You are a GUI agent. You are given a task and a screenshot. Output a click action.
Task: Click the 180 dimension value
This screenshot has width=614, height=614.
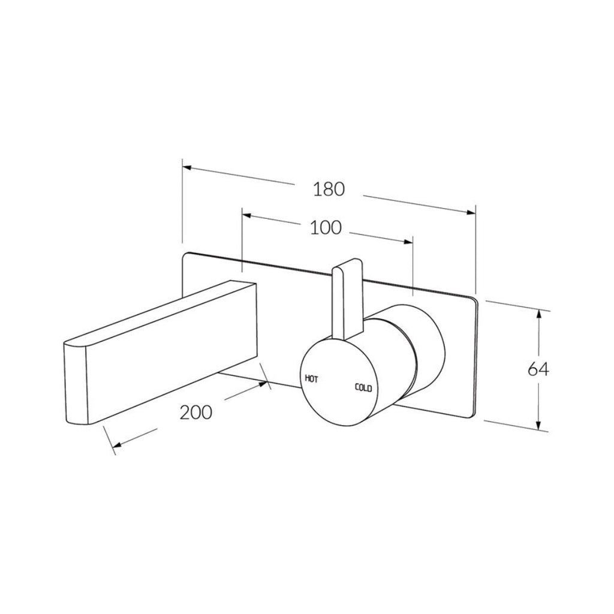click(329, 189)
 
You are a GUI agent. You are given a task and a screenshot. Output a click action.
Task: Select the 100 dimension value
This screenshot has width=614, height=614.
click(326, 228)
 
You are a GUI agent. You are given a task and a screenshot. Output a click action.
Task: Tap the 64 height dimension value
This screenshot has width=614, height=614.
click(538, 369)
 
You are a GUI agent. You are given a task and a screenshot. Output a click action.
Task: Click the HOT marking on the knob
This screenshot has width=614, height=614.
click(311, 378)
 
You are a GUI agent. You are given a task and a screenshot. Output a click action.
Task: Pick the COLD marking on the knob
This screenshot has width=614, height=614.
click(363, 388)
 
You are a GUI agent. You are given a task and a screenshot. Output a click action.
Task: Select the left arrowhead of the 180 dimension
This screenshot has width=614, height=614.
click(187, 168)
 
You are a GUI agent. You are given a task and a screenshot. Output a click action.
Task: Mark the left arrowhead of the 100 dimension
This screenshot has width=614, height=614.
click(246, 215)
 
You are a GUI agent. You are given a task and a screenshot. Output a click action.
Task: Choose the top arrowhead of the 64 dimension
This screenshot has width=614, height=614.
click(541, 314)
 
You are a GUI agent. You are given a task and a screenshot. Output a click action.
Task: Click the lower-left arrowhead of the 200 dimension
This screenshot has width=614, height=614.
click(116, 445)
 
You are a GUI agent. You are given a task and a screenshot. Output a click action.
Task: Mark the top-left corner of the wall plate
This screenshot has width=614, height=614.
click(185, 254)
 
